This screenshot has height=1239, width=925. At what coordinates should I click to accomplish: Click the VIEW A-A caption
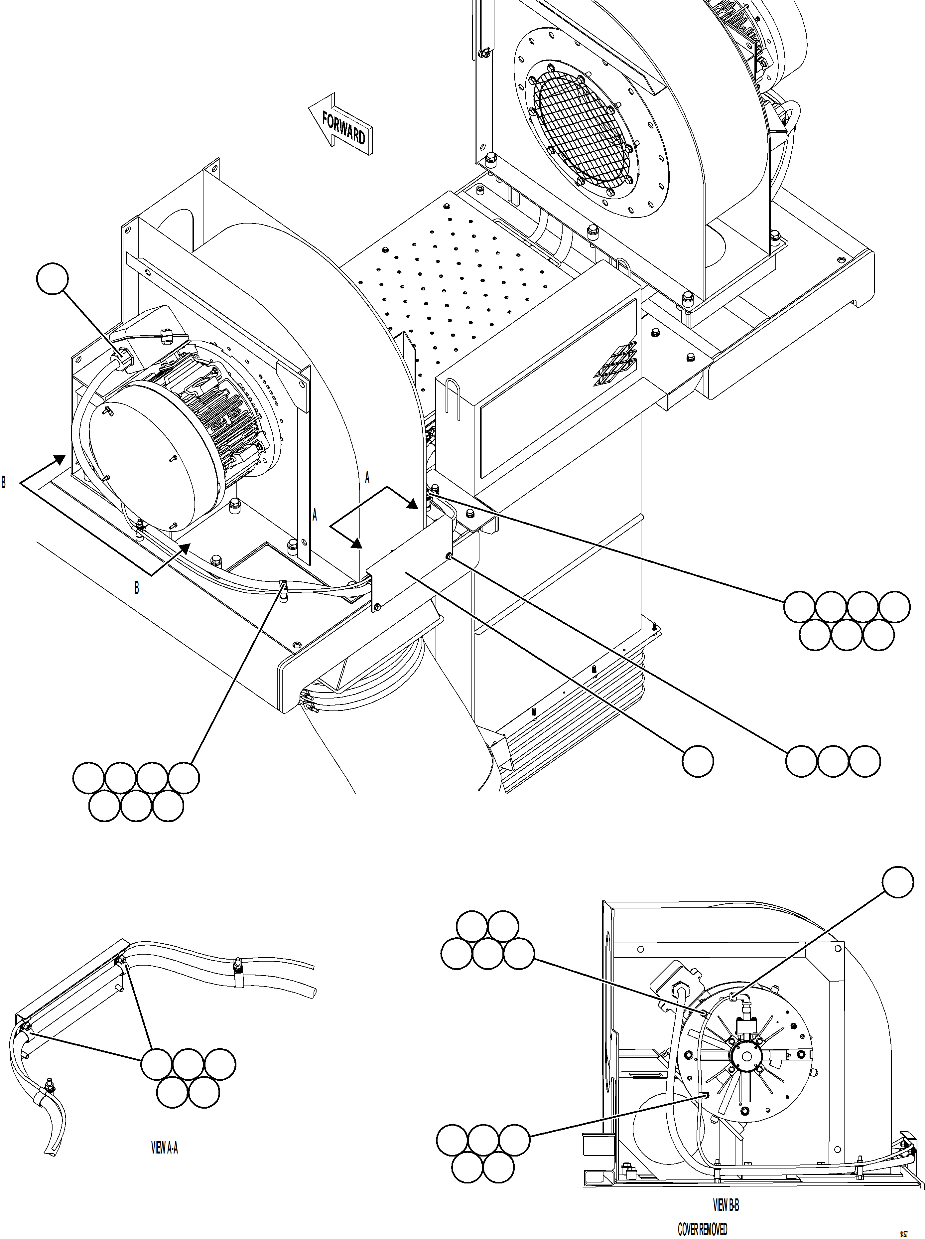coord(165,1148)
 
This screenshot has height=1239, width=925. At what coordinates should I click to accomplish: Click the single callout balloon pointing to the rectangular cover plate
coord(698,761)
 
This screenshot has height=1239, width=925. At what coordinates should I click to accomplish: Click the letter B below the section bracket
coord(137,588)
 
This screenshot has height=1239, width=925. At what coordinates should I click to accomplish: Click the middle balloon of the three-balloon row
coord(833,761)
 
